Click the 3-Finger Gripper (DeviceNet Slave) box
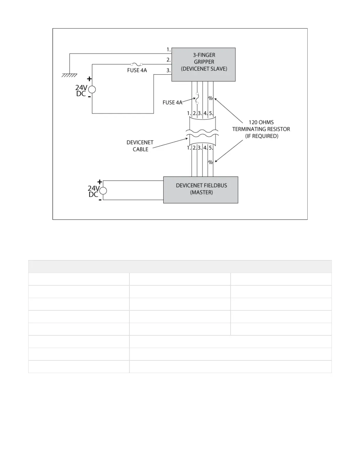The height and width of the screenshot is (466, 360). [204, 64]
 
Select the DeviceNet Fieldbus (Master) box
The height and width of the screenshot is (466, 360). [201, 190]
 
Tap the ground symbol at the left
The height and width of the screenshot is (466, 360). [69, 75]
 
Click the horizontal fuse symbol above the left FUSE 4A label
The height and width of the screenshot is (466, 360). [137, 64]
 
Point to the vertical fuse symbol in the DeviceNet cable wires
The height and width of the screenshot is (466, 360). [197, 99]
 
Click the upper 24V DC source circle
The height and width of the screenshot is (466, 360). [92, 89]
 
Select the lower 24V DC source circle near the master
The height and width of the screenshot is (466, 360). [103, 191]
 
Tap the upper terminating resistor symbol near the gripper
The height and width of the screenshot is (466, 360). [211, 98]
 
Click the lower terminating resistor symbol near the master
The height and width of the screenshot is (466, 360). [211, 162]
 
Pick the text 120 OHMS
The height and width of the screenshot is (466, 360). [261, 122]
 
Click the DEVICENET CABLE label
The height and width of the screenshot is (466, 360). [140, 146]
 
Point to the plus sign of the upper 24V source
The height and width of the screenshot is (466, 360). [89, 79]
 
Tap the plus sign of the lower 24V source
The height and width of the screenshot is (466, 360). [100, 182]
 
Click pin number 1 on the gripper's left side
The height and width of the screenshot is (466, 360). [169, 50]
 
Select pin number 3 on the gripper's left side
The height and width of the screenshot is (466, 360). [169, 71]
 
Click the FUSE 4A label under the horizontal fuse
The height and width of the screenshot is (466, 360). [137, 71]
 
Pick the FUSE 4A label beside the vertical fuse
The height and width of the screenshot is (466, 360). [172, 103]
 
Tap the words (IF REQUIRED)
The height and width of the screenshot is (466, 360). [262, 136]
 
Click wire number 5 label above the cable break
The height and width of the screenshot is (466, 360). [211, 113]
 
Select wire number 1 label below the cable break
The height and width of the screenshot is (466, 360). [189, 148]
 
